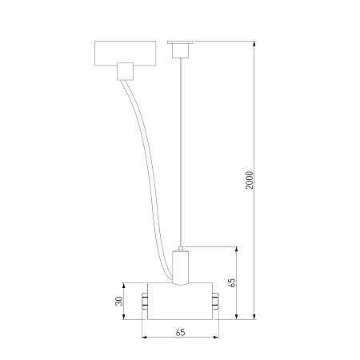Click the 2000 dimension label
point(250,180)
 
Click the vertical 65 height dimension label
point(232,282)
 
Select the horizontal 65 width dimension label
point(180,333)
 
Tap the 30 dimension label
point(120,301)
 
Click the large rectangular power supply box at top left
point(126,53)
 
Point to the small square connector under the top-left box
point(125,71)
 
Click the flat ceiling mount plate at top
point(180,42)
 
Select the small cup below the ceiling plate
point(180,50)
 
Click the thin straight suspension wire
point(181,152)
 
